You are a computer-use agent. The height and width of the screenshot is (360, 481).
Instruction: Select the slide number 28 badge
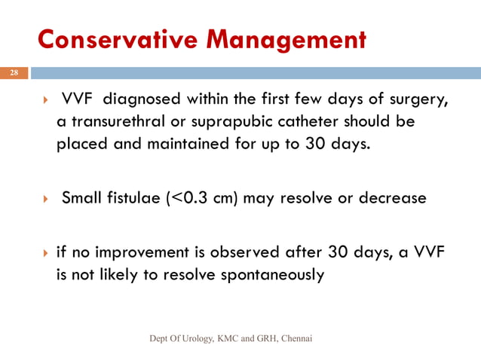14,74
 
